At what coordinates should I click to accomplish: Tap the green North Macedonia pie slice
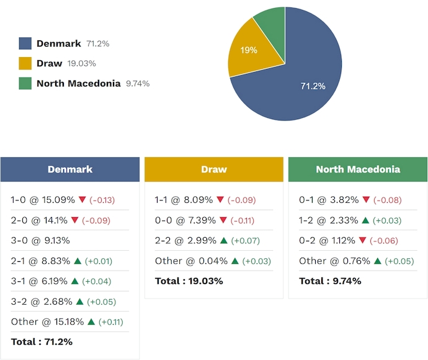(272, 22)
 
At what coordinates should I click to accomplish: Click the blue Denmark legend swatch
(25, 43)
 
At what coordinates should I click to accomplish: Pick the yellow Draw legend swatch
(25, 63)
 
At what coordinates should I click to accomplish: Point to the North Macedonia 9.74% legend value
(137, 84)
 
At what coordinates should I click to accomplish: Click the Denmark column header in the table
(70, 169)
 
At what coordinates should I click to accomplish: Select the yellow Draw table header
(214, 169)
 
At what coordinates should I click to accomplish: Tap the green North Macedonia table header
(358, 169)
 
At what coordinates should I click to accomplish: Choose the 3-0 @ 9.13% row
(40, 241)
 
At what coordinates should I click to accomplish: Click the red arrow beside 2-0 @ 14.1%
(75, 220)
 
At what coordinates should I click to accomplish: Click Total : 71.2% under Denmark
(42, 342)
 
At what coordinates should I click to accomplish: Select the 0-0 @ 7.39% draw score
(185, 220)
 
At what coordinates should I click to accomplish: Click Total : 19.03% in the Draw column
(189, 281)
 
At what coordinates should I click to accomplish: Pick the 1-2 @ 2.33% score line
(328, 220)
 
